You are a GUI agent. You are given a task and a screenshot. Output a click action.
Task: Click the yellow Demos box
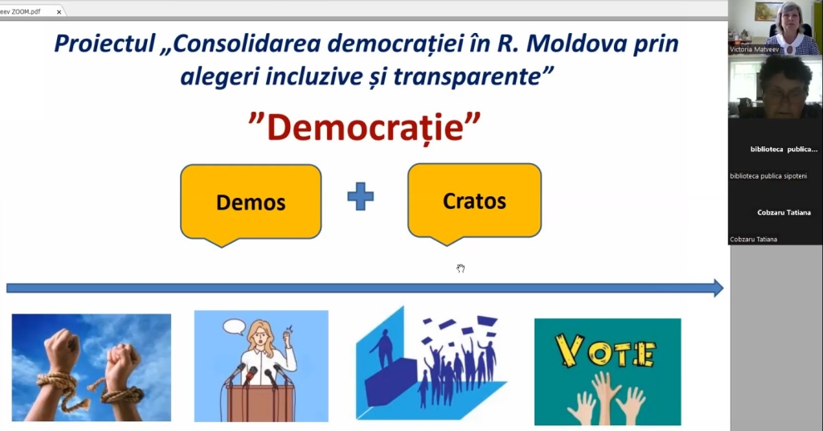(251, 203)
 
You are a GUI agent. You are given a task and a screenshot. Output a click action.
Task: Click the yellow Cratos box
(474, 201)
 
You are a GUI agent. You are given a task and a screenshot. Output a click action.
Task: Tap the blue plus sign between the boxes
(361, 196)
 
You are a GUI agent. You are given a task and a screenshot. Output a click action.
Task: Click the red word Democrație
(366, 128)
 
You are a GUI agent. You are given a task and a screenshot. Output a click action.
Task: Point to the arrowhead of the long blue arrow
(719, 288)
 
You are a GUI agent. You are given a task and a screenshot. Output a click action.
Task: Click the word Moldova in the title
(576, 43)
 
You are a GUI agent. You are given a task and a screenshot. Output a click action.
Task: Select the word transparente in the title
(467, 76)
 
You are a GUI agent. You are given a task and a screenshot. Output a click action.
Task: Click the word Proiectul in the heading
(105, 43)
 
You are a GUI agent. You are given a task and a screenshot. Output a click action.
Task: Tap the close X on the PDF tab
(59, 11)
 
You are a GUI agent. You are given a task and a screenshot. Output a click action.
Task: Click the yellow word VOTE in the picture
(606, 351)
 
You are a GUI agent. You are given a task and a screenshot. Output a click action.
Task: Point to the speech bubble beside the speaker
(234, 327)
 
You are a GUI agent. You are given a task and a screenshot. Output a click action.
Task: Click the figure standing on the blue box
(383, 347)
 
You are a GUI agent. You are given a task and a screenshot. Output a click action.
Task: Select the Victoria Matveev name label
(754, 49)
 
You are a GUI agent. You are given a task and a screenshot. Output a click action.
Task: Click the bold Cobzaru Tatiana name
(784, 212)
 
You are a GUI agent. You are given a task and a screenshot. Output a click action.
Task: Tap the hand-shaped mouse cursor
(461, 269)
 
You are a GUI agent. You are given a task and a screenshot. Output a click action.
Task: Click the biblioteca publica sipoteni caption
(768, 176)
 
